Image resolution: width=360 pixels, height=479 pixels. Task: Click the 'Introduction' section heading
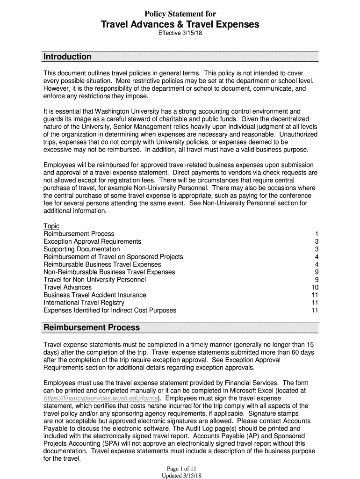pos(67,57)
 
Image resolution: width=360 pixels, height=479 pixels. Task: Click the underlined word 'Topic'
pos(51,226)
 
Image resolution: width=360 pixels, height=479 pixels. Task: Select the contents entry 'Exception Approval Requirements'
pos(92,241)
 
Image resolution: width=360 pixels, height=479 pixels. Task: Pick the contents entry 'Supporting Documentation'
pos(82,249)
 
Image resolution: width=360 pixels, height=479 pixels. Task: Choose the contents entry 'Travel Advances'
pos(67,287)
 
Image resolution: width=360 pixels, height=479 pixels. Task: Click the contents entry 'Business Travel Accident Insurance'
pos(95,295)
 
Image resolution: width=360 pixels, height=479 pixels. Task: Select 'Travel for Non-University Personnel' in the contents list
pos(94,280)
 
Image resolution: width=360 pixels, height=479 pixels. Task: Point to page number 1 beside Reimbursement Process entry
pos(317,234)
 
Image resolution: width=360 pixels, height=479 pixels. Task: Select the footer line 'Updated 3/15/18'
pos(180,475)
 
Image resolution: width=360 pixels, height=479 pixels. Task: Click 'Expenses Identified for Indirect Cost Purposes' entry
pos(110,310)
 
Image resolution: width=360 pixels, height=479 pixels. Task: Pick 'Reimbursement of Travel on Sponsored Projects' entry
pos(113,257)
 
